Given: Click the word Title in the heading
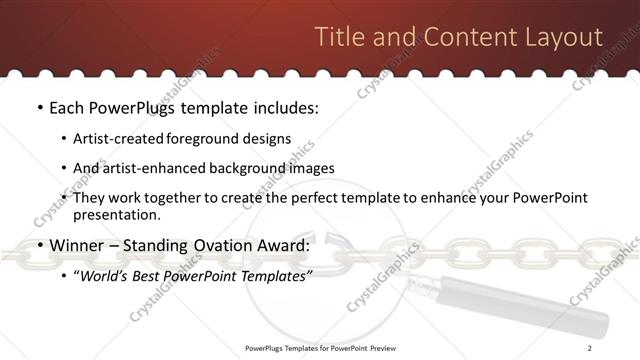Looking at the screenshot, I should tap(339, 38).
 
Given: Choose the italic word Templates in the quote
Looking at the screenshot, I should tap(277, 275).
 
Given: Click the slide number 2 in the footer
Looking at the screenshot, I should tap(590, 348).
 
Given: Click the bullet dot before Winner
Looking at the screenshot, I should tap(39, 246).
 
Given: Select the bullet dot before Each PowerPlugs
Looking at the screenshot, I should tap(39, 107).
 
